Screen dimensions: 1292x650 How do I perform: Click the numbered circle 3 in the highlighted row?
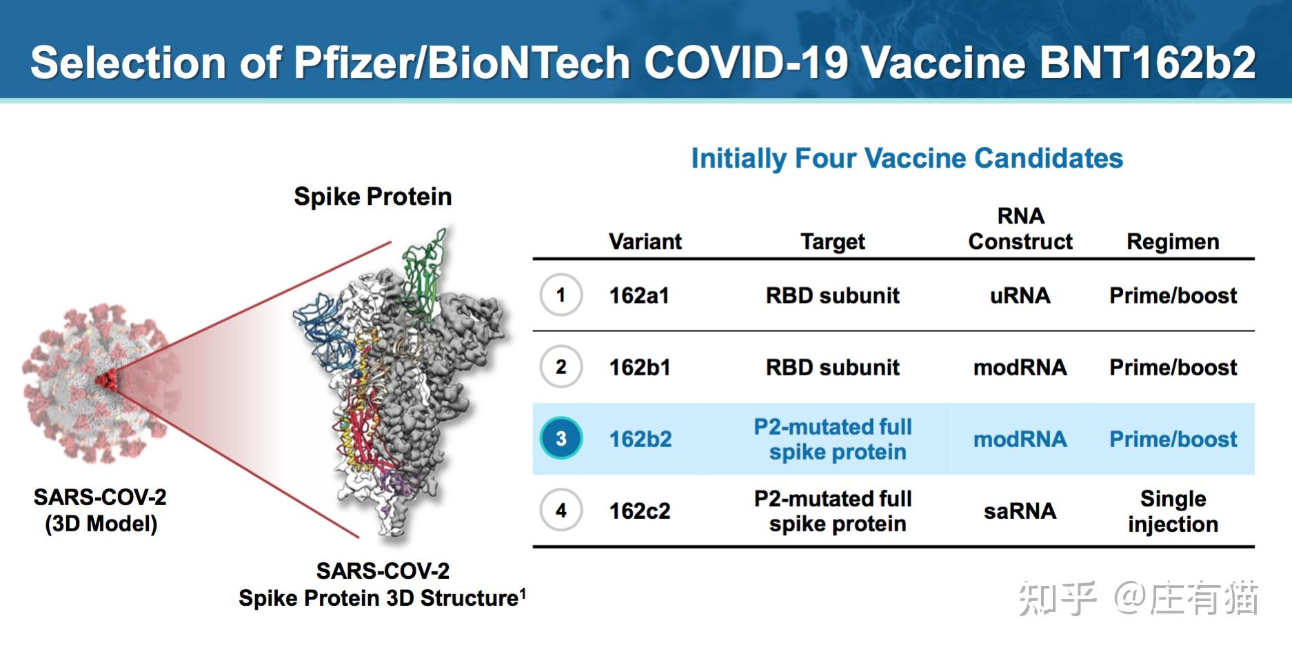tap(561, 438)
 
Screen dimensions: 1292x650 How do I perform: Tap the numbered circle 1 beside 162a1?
tap(561, 295)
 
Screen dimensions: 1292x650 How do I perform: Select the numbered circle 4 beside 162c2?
tap(561, 510)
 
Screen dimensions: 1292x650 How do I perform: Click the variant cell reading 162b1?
tap(640, 367)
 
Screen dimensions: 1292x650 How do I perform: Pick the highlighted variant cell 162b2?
tap(640, 439)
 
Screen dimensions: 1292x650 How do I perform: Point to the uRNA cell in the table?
tap(1020, 295)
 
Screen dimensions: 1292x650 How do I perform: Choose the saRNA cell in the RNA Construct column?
tap(1020, 511)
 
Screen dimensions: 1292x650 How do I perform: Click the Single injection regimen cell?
tap(1173, 511)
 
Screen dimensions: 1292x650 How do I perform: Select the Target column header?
tap(832, 242)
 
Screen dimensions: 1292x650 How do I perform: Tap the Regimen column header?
tap(1173, 242)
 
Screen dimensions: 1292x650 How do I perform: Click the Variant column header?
tap(645, 242)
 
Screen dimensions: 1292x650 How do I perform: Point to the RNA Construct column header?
tap(1020, 228)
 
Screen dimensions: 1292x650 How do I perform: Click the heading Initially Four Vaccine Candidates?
tap(907, 158)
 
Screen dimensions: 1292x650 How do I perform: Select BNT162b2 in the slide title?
tap(1147, 63)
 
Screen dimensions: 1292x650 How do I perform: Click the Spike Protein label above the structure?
tap(372, 197)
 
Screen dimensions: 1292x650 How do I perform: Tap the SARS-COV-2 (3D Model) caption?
tap(101, 511)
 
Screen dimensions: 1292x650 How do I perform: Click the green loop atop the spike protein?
tap(424, 273)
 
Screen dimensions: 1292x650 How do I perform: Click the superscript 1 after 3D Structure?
tap(523, 592)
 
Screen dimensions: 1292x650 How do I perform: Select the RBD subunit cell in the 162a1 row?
tap(832, 295)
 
